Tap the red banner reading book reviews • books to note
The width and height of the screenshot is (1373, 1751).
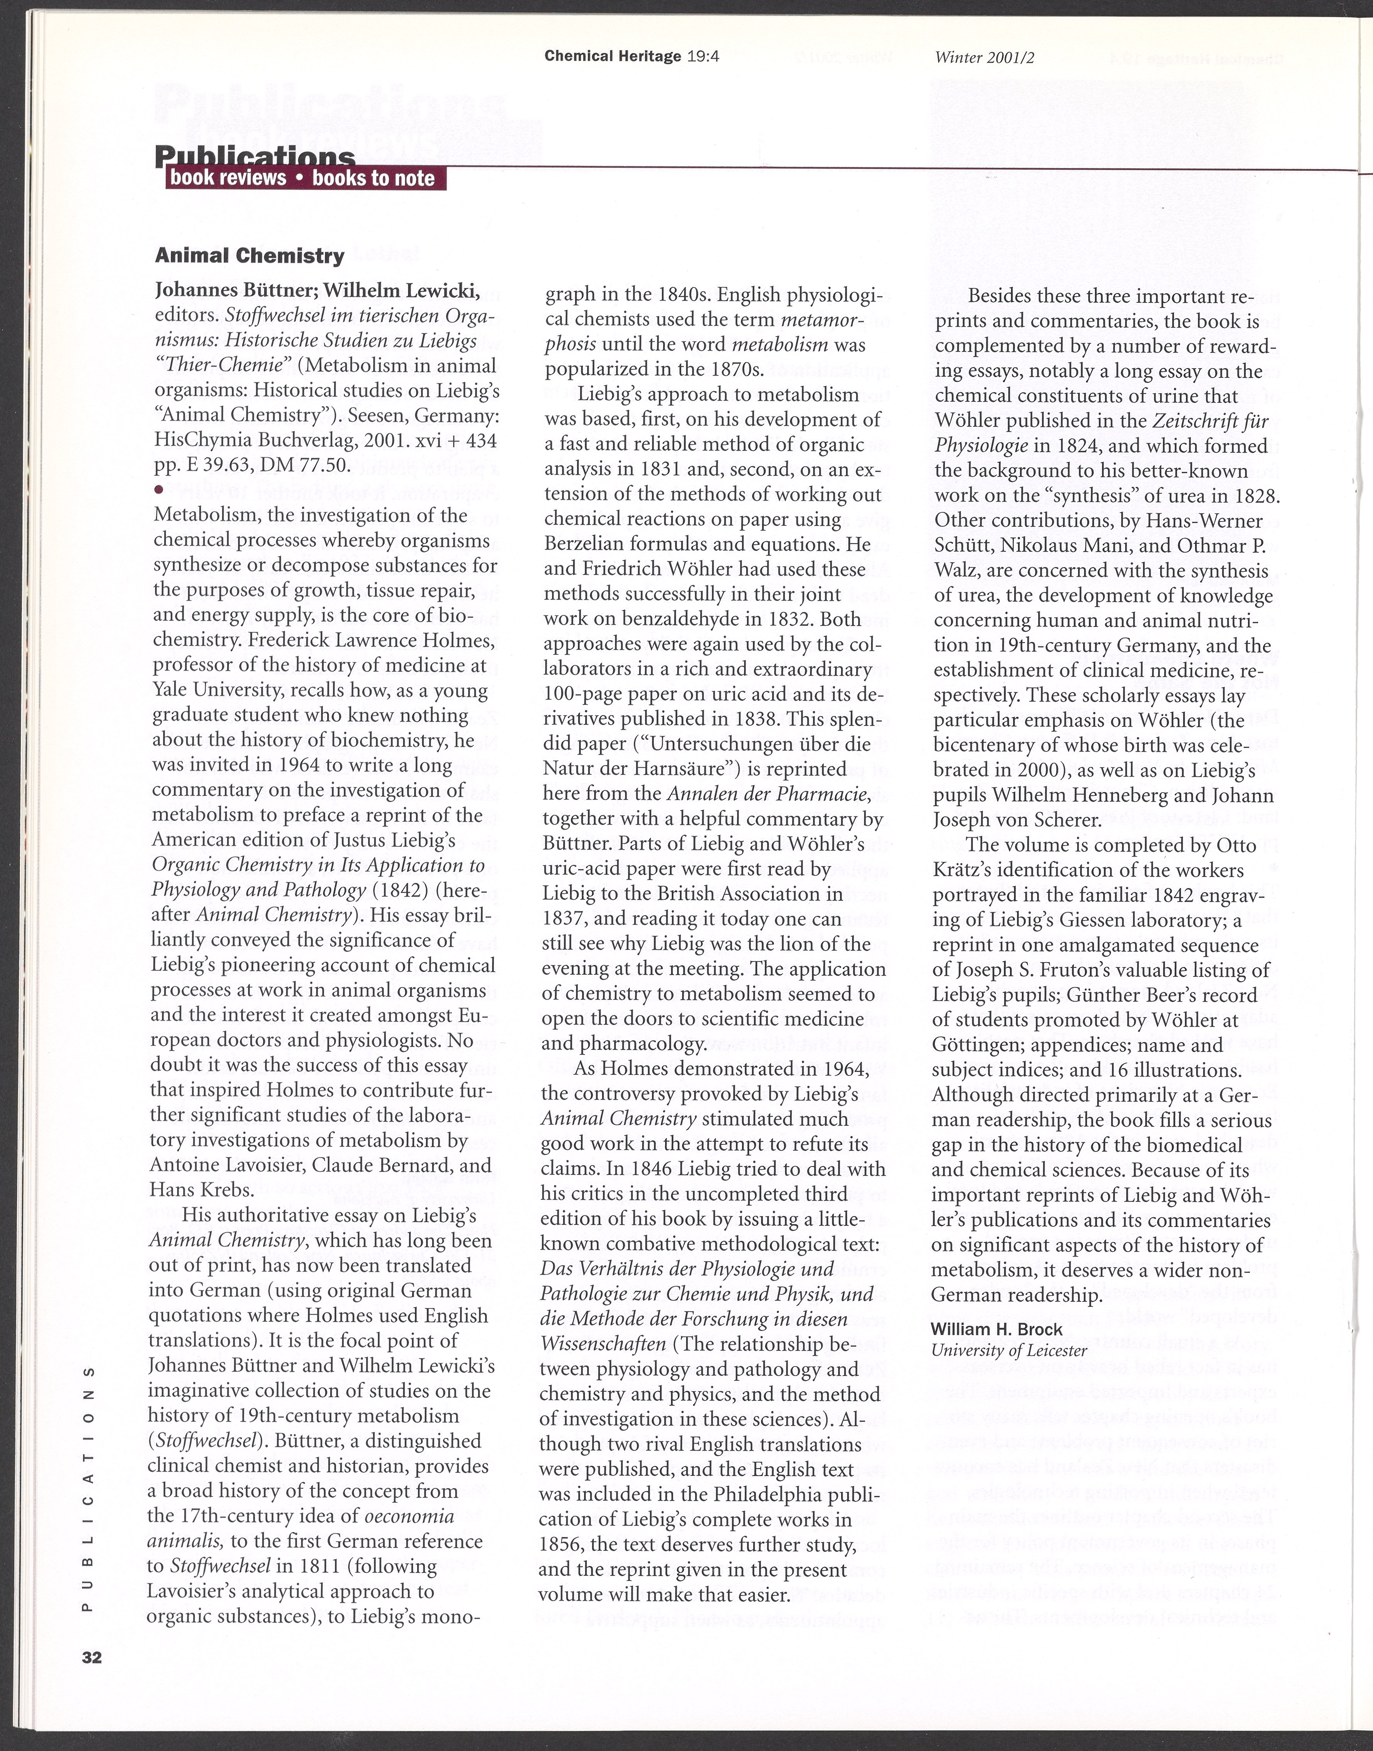[305, 178]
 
